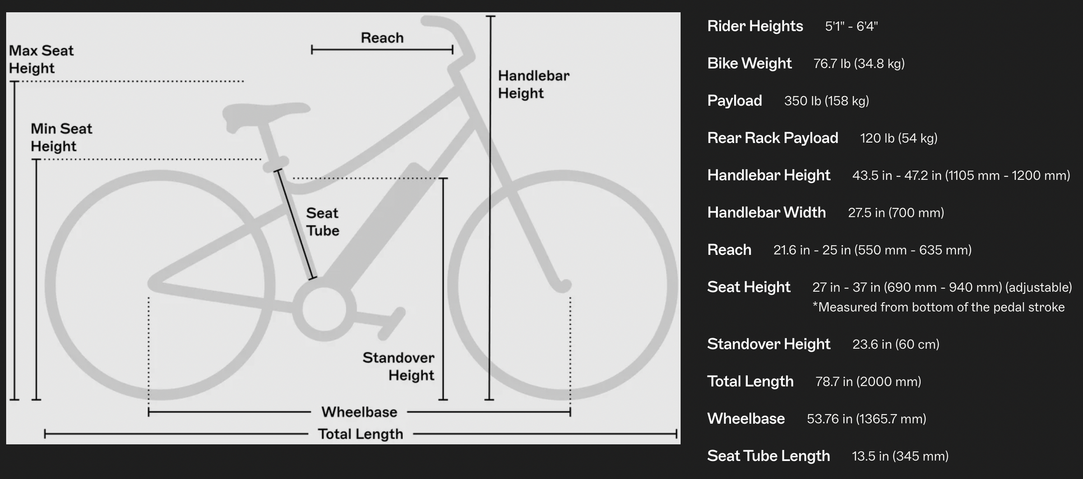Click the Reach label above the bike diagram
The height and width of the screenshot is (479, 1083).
(x=382, y=38)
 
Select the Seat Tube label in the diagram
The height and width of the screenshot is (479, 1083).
(x=323, y=221)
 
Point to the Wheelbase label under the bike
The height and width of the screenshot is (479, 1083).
(x=359, y=412)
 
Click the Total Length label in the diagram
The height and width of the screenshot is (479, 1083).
(x=361, y=434)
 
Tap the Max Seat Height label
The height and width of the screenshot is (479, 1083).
(x=41, y=59)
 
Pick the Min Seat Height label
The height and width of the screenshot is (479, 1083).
(x=61, y=137)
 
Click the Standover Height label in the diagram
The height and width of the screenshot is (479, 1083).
(x=398, y=366)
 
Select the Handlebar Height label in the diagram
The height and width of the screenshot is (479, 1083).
(x=534, y=84)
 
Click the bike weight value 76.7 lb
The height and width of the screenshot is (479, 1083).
(x=859, y=64)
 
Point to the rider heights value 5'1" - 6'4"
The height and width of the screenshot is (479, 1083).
(x=852, y=26)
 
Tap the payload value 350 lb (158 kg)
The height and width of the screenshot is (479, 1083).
(x=827, y=101)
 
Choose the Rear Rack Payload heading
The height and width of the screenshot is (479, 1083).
(x=773, y=138)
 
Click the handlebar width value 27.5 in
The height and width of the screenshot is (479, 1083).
(x=896, y=212)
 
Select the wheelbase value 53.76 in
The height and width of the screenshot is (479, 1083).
(x=866, y=419)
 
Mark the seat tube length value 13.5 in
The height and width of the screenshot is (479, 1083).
(x=900, y=456)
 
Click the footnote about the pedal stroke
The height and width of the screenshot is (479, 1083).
(x=939, y=307)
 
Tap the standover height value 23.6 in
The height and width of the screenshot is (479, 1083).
(x=896, y=344)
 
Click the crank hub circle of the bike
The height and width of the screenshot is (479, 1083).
(x=324, y=310)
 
